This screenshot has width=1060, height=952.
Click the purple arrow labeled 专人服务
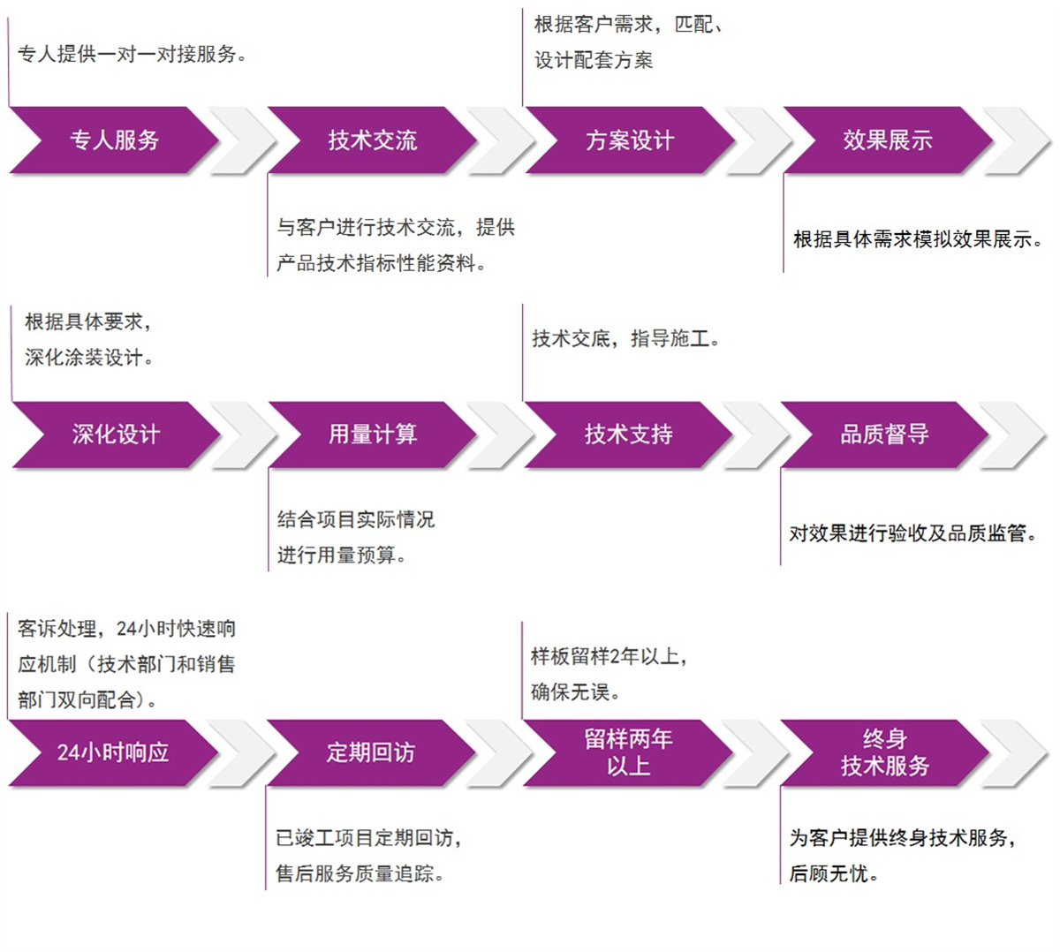(114, 140)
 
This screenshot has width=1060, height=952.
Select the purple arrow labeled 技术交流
(372, 140)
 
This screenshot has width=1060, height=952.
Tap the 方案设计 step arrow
(629, 140)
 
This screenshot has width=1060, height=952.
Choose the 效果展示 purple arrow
(887, 140)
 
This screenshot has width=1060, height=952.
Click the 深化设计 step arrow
(116, 434)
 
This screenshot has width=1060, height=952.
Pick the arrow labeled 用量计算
(372, 434)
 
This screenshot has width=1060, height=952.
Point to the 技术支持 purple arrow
(628, 434)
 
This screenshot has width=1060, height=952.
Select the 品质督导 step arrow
(884, 434)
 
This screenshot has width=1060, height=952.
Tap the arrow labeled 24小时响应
(113, 752)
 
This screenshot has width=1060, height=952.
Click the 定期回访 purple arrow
(370, 752)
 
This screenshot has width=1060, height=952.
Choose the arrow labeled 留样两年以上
(628, 752)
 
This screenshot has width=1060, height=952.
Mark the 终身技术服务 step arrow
(884, 752)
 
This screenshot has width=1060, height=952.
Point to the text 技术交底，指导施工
(625, 338)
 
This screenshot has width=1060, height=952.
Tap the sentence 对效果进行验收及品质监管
(912, 533)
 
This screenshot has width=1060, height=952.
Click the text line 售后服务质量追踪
(360, 873)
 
